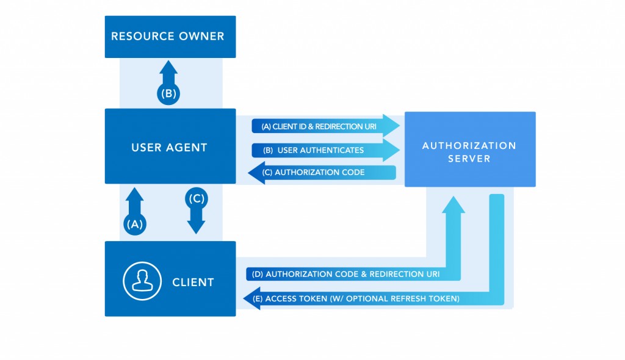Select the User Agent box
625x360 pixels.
[x=170, y=146]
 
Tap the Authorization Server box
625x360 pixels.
[x=470, y=149]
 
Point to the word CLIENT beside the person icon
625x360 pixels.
[x=193, y=283]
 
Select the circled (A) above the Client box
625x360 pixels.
[x=134, y=224]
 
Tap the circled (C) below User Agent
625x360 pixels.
[x=196, y=198]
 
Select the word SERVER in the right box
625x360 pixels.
[x=469, y=159]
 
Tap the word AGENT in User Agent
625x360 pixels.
[x=187, y=147]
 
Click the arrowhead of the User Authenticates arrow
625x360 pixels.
[x=390, y=150]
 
